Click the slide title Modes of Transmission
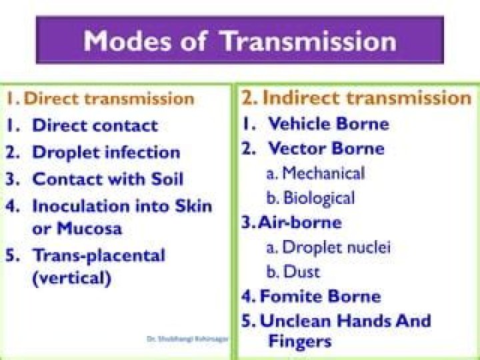[239, 41]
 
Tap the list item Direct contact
[95, 125]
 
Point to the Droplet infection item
[106, 153]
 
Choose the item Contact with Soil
[107, 179]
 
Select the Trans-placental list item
[98, 255]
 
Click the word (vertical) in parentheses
[71, 278]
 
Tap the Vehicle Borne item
[328, 123]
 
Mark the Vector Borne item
[326, 148]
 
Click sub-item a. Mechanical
[315, 173]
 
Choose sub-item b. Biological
[311, 198]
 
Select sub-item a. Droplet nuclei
[328, 247]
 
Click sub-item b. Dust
[293, 271]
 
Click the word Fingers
[299, 341]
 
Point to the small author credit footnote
[187, 339]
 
